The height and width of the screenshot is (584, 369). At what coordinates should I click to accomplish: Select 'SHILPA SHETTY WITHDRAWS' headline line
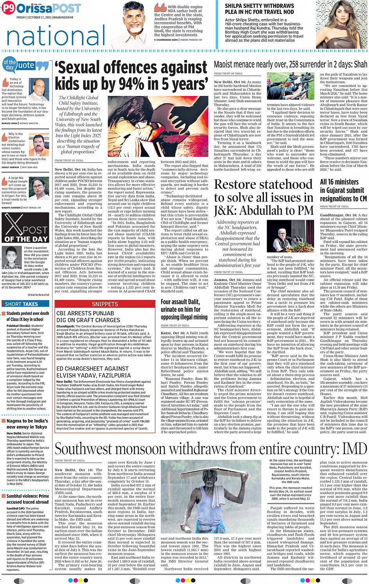[x=259, y=6]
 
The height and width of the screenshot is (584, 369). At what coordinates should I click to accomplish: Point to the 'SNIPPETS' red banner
[x=105, y=304]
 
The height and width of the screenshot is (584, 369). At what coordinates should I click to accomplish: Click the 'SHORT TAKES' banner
[x=21, y=304]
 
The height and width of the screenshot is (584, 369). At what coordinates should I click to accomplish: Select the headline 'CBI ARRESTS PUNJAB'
[x=85, y=313]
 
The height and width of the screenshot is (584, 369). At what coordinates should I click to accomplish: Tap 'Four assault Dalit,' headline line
[x=180, y=302]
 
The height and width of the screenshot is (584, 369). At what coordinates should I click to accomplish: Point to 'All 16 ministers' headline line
[x=339, y=182]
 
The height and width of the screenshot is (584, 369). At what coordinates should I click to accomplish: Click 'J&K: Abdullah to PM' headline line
[x=264, y=210]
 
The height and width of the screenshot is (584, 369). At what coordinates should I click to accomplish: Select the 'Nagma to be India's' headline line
[x=27, y=421]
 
